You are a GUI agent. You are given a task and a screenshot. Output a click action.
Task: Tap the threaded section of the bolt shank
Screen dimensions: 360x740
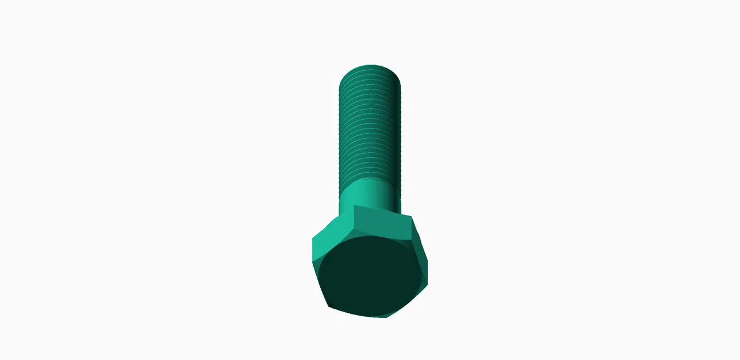click(x=369, y=127)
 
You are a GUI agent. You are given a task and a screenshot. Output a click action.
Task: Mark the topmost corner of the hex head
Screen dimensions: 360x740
click(x=355, y=206)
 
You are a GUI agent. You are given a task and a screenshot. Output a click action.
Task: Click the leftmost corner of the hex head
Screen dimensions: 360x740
click(x=313, y=238)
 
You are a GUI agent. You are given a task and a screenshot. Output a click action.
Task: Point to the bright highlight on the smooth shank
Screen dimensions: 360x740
click(x=357, y=193)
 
